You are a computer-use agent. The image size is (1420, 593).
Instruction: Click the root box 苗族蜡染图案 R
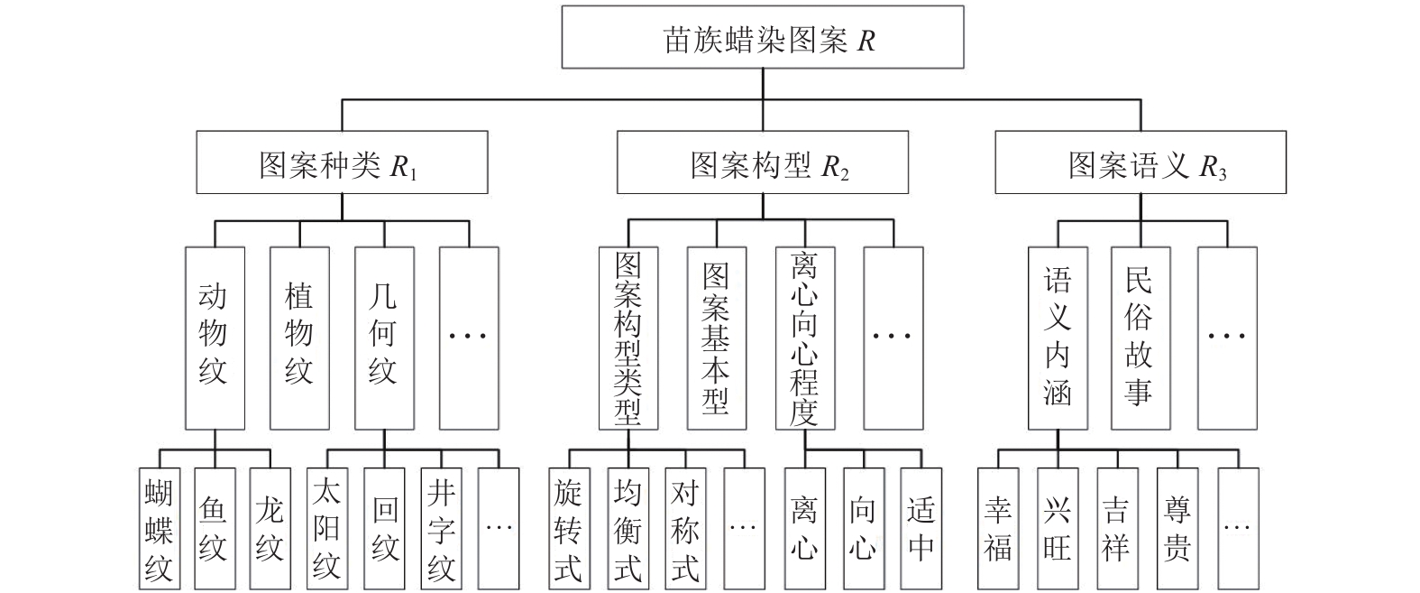[763, 37]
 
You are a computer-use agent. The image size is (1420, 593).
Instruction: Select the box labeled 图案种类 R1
[342, 162]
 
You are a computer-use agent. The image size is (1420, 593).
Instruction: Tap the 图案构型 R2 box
[763, 162]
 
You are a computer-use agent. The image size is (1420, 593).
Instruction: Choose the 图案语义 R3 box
[1141, 162]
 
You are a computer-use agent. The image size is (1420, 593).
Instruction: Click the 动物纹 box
[215, 338]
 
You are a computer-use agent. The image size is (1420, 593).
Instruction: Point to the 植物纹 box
[300, 338]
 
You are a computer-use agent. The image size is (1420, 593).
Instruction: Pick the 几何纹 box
[384, 338]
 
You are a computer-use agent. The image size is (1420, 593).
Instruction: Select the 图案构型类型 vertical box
[628, 338]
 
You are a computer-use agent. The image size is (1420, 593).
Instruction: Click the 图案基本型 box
[717, 338]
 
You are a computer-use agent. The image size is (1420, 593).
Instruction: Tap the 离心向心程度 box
[805, 338]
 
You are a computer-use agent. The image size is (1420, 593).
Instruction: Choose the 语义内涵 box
[1058, 338]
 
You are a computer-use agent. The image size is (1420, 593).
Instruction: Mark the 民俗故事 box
[1141, 338]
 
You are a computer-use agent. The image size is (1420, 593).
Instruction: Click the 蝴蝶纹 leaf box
[160, 529]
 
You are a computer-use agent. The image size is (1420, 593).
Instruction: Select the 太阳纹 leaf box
[327, 529]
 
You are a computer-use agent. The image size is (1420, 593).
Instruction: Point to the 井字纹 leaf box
[441, 529]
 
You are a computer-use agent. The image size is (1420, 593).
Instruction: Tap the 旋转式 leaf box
[569, 529]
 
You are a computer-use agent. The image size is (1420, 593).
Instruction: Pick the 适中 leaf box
[921, 529]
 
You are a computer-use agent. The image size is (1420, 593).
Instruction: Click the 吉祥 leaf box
[1118, 529]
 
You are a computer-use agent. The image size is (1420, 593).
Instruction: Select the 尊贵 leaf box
[1177, 529]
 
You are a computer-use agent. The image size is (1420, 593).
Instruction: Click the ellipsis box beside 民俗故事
[1227, 338]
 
